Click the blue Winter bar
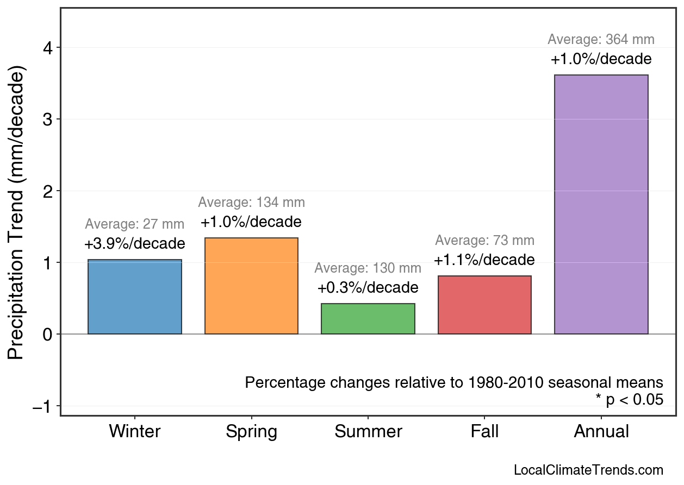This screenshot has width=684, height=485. coord(135,297)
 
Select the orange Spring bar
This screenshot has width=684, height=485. coord(251,286)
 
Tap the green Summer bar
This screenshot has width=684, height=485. coord(368,319)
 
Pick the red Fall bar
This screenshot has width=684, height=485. coord(484,305)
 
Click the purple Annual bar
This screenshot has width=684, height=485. coord(601,204)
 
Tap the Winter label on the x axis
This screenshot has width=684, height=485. coord(135,431)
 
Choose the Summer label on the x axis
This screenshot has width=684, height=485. coord(368,431)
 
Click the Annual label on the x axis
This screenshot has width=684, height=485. coord(601,431)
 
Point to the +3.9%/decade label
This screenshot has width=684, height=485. coord(135,244)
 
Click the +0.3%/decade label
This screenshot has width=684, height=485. coord(368,287)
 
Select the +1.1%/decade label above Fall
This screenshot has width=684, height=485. coord(484,260)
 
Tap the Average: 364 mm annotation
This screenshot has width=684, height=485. coord(601,40)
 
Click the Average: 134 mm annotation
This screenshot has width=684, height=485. coord(251,203)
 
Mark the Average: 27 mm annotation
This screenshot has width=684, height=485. coord(135,224)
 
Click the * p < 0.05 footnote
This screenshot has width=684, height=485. coord(629,400)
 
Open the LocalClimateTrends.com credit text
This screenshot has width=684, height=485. coord(588,470)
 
